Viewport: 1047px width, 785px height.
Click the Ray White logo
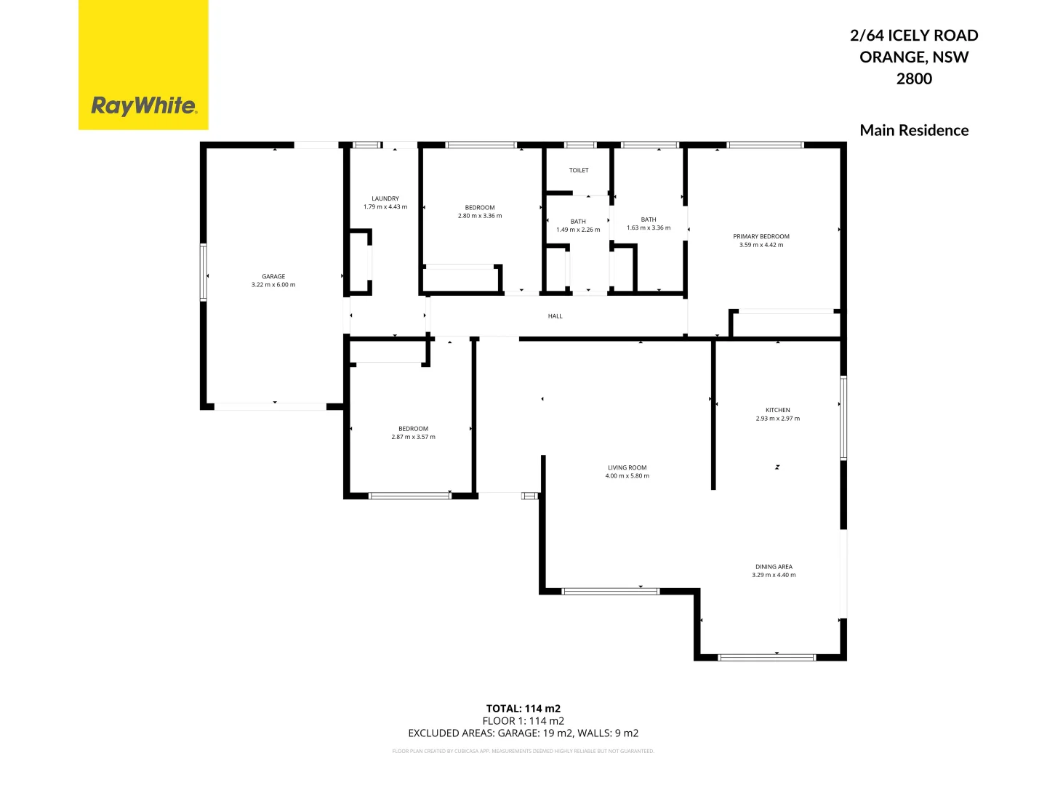click(143, 105)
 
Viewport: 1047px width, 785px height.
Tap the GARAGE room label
click(273, 276)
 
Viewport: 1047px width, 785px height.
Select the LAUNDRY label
click(385, 198)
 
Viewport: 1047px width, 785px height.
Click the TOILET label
click(579, 171)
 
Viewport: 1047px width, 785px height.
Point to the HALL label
click(555, 316)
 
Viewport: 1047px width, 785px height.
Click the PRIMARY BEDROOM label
click(761, 236)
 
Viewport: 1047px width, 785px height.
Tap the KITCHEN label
click(777, 410)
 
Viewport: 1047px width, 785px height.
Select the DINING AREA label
click(774, 567)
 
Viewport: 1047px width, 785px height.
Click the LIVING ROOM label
click(627, 468)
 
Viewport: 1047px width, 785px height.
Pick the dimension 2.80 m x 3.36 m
click(480, 216)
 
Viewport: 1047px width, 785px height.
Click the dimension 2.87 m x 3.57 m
click(413, 437)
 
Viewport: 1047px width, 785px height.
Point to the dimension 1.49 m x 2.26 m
click(578, 230)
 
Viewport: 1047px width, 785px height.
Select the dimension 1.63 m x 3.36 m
click(649, 228)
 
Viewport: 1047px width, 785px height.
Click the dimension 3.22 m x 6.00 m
click(273, 285)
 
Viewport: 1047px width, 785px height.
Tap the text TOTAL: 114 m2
click(523, 709)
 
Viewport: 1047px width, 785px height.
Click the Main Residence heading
click(914, 131)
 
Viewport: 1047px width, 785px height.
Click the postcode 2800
click(914, 78)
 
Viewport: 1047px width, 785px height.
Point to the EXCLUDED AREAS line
click(523, 733)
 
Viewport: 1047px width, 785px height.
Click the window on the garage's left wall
click(204, 273)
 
